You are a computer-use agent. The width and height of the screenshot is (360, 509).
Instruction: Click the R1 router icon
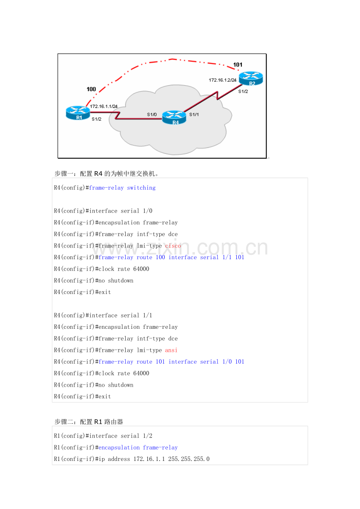(x=78, y=113)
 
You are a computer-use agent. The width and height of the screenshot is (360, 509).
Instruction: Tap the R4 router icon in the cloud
(x=174, y=118)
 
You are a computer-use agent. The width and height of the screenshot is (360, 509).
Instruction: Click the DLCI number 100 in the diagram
(x=91, y=89)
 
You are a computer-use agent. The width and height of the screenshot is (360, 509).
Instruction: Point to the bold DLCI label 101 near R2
(x=238, y=65)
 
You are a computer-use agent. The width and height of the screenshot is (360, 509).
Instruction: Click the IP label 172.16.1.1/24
(x=104, y=106)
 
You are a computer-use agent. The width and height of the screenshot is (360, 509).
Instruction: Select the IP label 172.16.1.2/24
(x=223, y=80)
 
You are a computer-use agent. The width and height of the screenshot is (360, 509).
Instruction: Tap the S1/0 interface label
(x=152, y=115)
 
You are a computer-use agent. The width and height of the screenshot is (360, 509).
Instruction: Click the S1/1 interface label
(x=194, y=115)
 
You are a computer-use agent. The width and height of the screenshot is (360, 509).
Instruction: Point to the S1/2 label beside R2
(x=243, y=91)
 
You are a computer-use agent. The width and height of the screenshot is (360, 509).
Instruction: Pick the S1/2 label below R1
(x=96, y=119)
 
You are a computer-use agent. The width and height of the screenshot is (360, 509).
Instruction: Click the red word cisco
(x=173, y=246)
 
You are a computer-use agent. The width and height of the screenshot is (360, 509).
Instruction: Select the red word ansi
(x=171, y=350)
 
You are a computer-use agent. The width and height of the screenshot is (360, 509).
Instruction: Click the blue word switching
(x=141, y=188)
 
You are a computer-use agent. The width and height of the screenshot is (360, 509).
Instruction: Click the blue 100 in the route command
(x=160, y=258)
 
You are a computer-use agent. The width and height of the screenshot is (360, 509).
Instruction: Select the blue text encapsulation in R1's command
(x=119, y=448)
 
